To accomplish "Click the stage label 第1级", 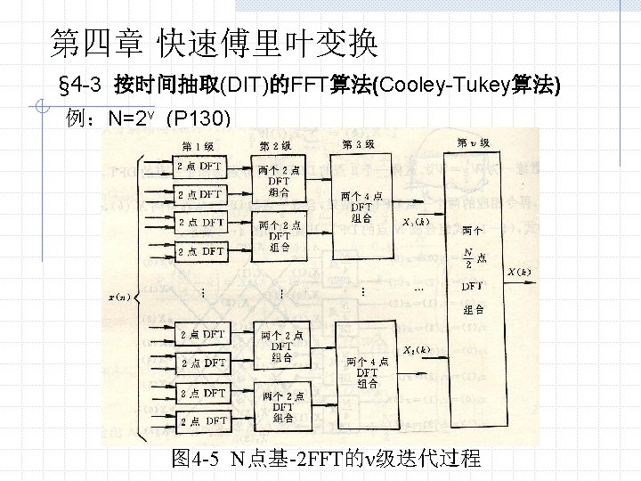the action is pos(199,146).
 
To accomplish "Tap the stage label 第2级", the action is pos(275,145).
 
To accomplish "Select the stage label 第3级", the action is pos(359,143).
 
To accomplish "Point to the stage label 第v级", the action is pos(473,143).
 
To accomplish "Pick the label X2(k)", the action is pos(416,350).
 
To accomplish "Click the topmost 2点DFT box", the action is pos(199,166).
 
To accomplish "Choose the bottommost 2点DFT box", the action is pos(203,420).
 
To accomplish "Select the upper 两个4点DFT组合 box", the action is pos(362,207).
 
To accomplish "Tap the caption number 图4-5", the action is pos(196,460).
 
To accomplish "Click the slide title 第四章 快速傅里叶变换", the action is pos(214,41).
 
